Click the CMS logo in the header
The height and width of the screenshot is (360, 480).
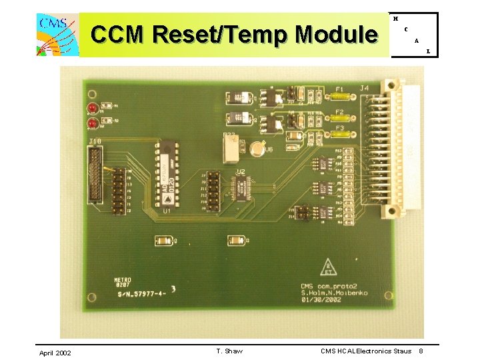point(56,34)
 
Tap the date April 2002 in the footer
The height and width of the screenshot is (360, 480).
point(55,352)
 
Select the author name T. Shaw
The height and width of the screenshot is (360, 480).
point(229,351)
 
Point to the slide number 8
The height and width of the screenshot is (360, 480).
point(421,351)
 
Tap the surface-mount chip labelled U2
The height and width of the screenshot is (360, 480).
point(241,189)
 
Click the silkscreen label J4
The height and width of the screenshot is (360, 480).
point(365,87)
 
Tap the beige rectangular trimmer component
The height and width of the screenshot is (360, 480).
point(231,149)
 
